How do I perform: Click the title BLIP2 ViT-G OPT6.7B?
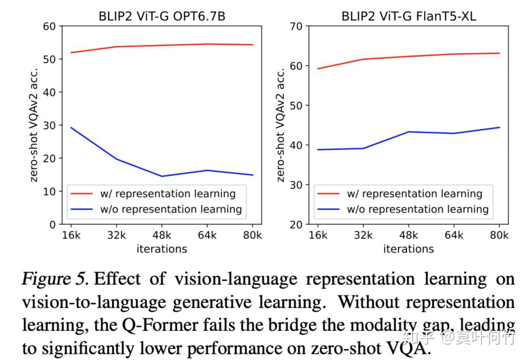tap(162, 16)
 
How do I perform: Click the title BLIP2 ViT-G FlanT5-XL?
tap(409, 16)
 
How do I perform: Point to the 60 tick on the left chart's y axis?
tap(49, 26)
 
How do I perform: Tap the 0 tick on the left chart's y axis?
tap(52, 224)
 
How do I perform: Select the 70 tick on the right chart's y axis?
tap(296, 26)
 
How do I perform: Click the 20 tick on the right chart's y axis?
tap(296, 224)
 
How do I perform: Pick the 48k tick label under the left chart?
tap(161, 236)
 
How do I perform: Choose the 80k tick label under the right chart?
tap(500, 236)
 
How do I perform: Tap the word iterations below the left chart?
tap(161, 249)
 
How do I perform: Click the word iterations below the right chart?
tap(408, 249)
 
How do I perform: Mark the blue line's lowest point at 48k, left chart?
tap(161, 176)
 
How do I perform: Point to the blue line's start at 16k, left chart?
tap(71, 128)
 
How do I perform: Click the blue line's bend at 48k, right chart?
tap(408, 132)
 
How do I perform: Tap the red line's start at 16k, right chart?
tap(318, 69)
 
